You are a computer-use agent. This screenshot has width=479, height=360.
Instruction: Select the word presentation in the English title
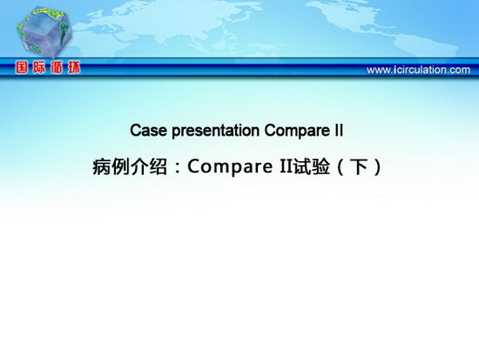point(216,132)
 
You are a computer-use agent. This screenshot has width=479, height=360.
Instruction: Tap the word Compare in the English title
point(297,132)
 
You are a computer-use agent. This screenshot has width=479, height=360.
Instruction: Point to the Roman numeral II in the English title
point(339,130)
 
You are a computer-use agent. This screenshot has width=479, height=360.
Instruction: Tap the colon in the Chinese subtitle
point(178,169)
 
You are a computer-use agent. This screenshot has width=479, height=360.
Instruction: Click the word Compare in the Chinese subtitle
point(230,167)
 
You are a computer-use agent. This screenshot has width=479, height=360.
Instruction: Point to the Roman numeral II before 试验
point(286,166)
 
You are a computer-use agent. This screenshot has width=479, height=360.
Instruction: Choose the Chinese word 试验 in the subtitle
point(312,166)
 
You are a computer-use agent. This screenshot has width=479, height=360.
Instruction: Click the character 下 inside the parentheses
point(359,167)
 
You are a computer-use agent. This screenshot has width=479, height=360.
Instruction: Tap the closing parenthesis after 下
point(378,167)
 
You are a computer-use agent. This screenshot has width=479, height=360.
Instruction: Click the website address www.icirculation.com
point(418,70)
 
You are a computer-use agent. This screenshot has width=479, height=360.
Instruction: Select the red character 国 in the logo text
point(22,67)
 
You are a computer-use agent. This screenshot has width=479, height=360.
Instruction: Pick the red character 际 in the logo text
point(39,67)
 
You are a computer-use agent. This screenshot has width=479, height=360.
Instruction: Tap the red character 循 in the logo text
point(57,67)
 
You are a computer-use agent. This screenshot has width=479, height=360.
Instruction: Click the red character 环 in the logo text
point(74,67)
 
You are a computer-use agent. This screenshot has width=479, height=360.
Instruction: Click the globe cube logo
point(44,32)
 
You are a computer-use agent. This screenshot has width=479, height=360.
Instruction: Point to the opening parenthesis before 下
point(340,167)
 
